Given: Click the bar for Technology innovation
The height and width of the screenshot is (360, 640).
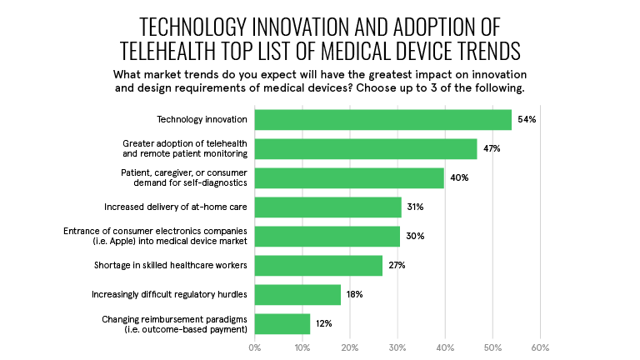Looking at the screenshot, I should pyautogui.click(x=382, y=120).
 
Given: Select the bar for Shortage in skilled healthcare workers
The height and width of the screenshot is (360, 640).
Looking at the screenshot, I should pyautogui.click(x=318, y=265).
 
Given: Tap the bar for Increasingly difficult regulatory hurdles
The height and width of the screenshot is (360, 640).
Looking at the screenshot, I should pyautogui.click(x=297, y=294).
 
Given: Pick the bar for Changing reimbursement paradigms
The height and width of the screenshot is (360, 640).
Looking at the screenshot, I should pyautogui.click(x=282, y=323).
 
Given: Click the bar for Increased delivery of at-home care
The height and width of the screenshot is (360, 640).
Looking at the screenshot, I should pyautogui.click(x=327, y=207).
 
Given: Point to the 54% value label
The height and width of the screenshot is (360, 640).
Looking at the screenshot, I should pyautogui.click(x=527, y=120).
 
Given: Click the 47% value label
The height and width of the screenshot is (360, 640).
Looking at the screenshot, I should pyautogui.click(x=492, y=149).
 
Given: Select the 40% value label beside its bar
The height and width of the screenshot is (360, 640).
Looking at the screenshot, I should pyautogui.click(x=459, y=177).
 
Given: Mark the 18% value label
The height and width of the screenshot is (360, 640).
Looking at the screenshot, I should pyautogui.click(x=356, y=294).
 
